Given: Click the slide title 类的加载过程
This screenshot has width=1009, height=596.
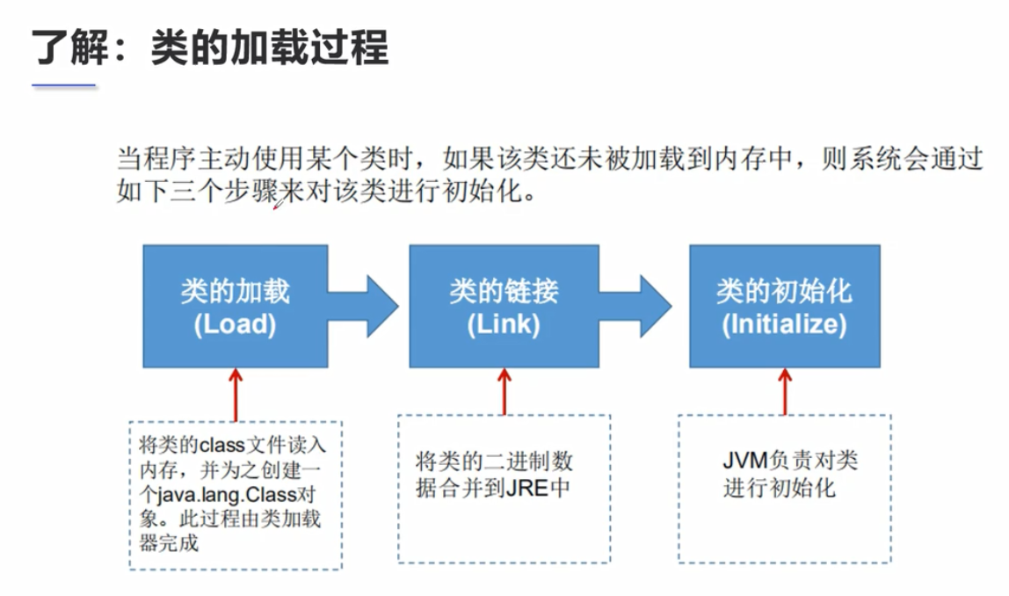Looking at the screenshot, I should (x=210, y=47).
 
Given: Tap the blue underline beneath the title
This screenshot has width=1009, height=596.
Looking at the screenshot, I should (x=63, y=85).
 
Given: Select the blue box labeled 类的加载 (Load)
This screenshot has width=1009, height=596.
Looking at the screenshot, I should (x=235, y=306).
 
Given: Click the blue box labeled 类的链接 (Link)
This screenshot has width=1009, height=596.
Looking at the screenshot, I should (x=504, y=306).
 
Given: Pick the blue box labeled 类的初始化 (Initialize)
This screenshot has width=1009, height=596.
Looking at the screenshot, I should (x=784, y=306).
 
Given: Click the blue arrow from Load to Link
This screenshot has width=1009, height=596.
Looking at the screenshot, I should (x=364, y=306).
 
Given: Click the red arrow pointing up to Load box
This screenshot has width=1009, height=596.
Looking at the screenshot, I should (x=235, y=394).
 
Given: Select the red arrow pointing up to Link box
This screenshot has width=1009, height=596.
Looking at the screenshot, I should (x=504, y=391).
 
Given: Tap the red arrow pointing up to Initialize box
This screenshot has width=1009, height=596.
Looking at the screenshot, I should (x=785, y=391).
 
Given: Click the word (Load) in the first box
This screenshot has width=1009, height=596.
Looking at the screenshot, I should (x=235, y=324).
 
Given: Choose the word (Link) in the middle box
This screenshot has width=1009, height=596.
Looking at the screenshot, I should (x=504, y=324).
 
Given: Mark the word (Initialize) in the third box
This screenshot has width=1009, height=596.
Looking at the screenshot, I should (x=784, y=324).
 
